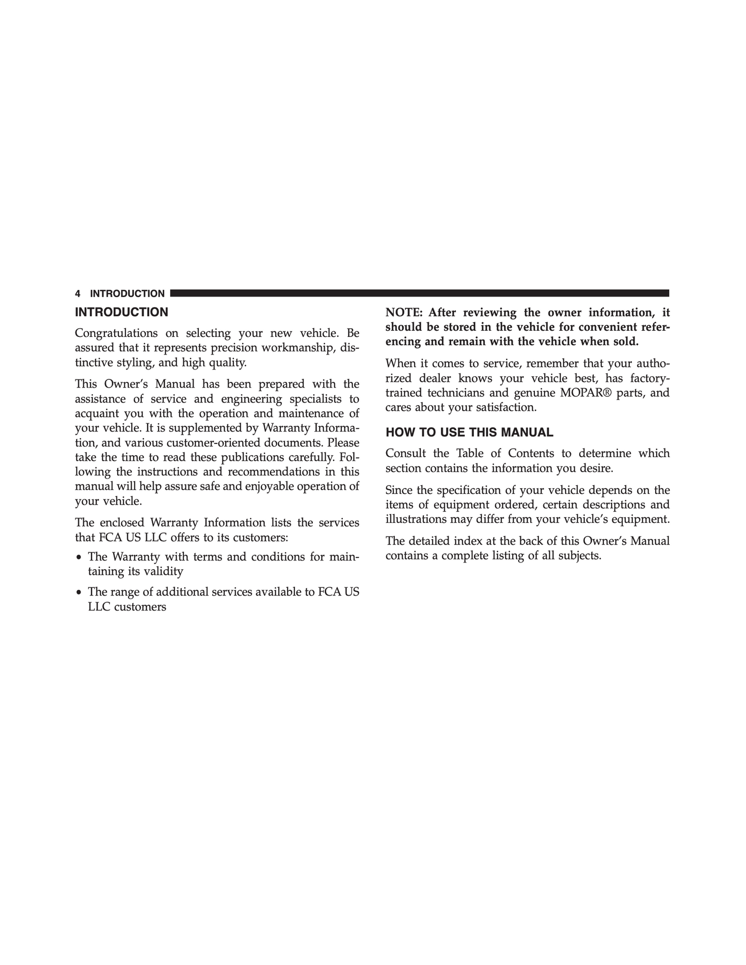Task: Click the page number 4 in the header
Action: (78, 294)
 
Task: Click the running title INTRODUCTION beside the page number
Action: (127, 294)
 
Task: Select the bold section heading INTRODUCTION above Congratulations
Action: (121, 312)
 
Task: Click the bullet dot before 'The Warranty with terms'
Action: (78, 557)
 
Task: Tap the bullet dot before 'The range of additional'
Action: (78, 592)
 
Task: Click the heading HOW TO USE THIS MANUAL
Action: (469, 432)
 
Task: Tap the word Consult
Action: (405, 453)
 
